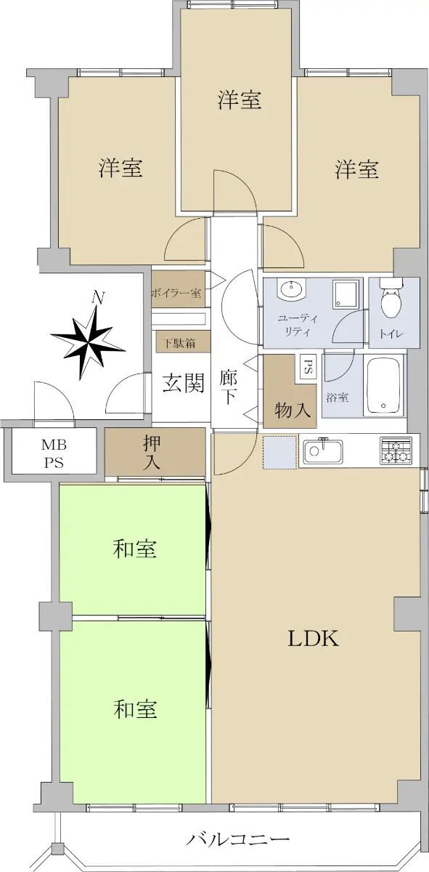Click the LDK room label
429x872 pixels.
tap(314, 639)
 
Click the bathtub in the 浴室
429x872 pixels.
tap(384, 386)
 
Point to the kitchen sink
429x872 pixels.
tap(322, 451)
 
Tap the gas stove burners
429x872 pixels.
tap(396, 451)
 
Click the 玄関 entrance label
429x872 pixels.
tap(183, 383)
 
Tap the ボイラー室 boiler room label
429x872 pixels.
tap(176, 293)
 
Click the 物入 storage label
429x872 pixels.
tap(293, 410)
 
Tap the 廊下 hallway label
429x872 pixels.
tap(229, 387)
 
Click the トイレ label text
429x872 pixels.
tap(392, 334)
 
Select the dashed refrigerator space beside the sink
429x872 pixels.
tap(280, 453)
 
